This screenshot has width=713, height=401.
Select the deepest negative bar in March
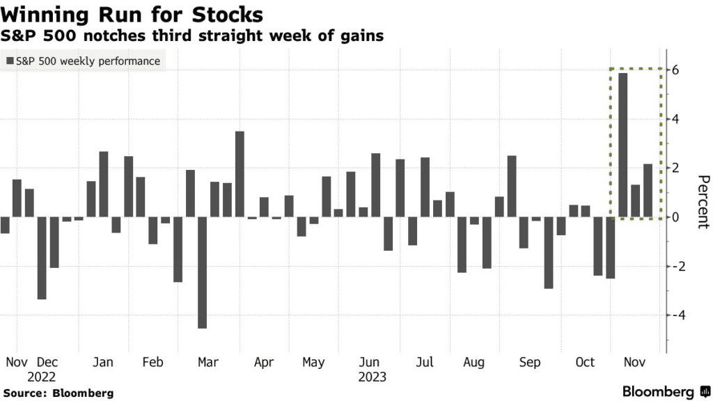(202, 272)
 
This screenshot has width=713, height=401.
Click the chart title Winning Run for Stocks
(133, 13)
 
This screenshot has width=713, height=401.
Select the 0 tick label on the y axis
(675, 217)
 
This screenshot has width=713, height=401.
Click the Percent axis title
(703, 202)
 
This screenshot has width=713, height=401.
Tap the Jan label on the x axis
(103, 363)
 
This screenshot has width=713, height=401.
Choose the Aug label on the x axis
(473, 363)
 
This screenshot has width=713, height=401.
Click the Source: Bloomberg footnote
(58, 393)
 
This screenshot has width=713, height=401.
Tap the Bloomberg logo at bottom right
(665, 391)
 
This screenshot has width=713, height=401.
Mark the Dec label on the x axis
(48, 363)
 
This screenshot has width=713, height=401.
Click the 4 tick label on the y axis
(675, 120)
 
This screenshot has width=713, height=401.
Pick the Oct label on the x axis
(585, 363)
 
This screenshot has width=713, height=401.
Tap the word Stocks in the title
(230, 13)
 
